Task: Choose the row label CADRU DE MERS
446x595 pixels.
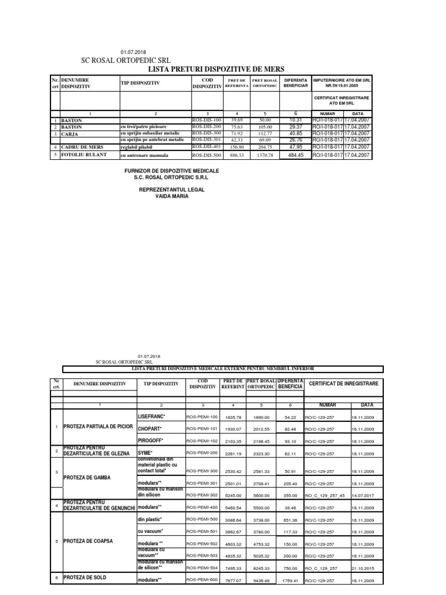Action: tap(82, 147)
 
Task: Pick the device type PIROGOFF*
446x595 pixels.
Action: tap(151, 441)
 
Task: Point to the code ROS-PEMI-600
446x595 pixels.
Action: tap(202, 580)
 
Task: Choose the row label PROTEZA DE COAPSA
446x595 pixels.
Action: tap(89, 541)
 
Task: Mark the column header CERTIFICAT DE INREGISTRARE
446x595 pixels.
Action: tap(343, 384)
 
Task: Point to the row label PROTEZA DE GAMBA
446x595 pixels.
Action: tap(87, 478)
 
